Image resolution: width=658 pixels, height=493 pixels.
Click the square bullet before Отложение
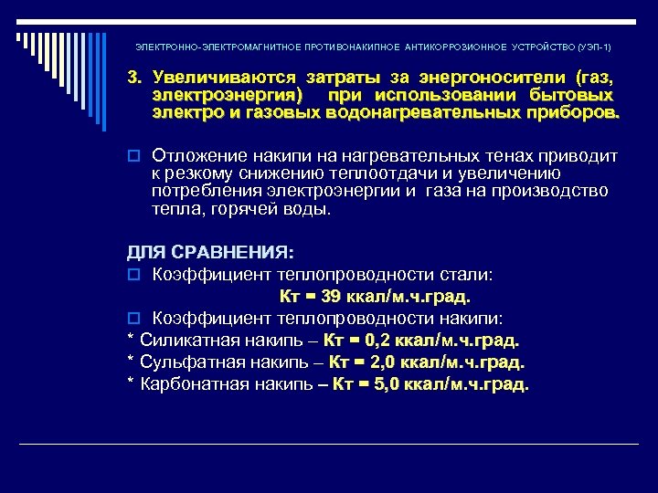(x=133, y=157)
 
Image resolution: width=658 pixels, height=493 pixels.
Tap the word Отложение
(x=201, y=156)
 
